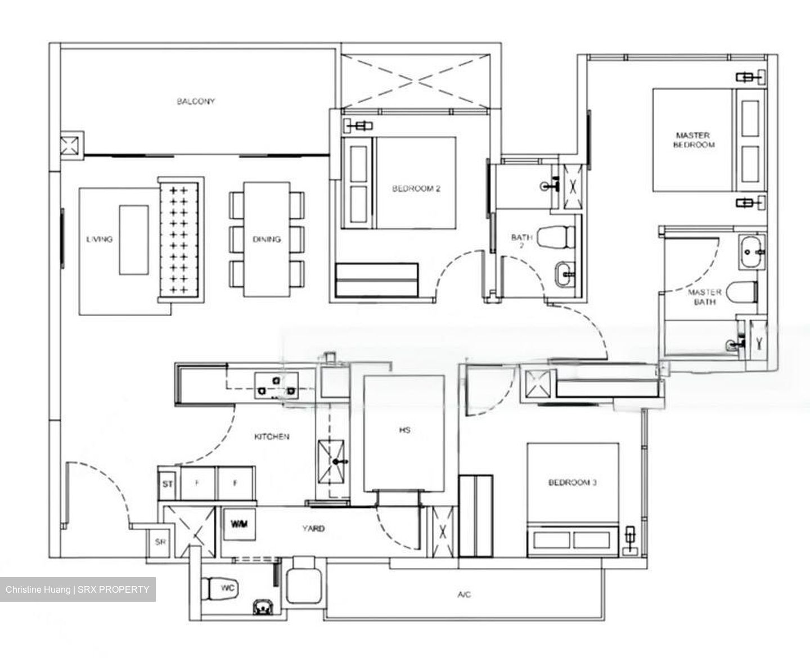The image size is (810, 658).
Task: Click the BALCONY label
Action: pyautogui.click(x=196, y=102)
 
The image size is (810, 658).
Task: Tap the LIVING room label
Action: pyautogui.click(x=100, y=239)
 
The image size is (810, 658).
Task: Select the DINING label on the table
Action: pyautogui.click(x=267, y=239)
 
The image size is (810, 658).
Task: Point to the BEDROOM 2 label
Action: pyautogui.click(x=416, y=189)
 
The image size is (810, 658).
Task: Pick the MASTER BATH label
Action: pyautogui.click(x=704, y=297)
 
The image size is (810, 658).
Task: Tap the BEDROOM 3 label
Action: pyautogui.click(x=573, y=483)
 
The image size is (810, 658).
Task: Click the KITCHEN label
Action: pyautogui.click(x=272, y=436)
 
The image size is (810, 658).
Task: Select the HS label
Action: pyautogui.click(x=404, y=430)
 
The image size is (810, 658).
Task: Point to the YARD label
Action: pyautogui.click(x=313, y=529)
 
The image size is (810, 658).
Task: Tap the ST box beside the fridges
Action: pyautogui.click(x=167, y=484)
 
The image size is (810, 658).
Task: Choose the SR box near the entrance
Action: pyautogui.click(x=160, y=543)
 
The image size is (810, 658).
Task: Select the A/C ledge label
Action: pyautogui.click(x=465, y=594)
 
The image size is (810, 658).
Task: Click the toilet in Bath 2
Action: pyautogui.click(x=557, y=237)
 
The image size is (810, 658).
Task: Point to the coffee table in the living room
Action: pyautogui.click(x=134, y=240)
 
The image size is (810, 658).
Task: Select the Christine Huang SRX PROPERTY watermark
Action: pyautogui.click(x=78, y=589)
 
